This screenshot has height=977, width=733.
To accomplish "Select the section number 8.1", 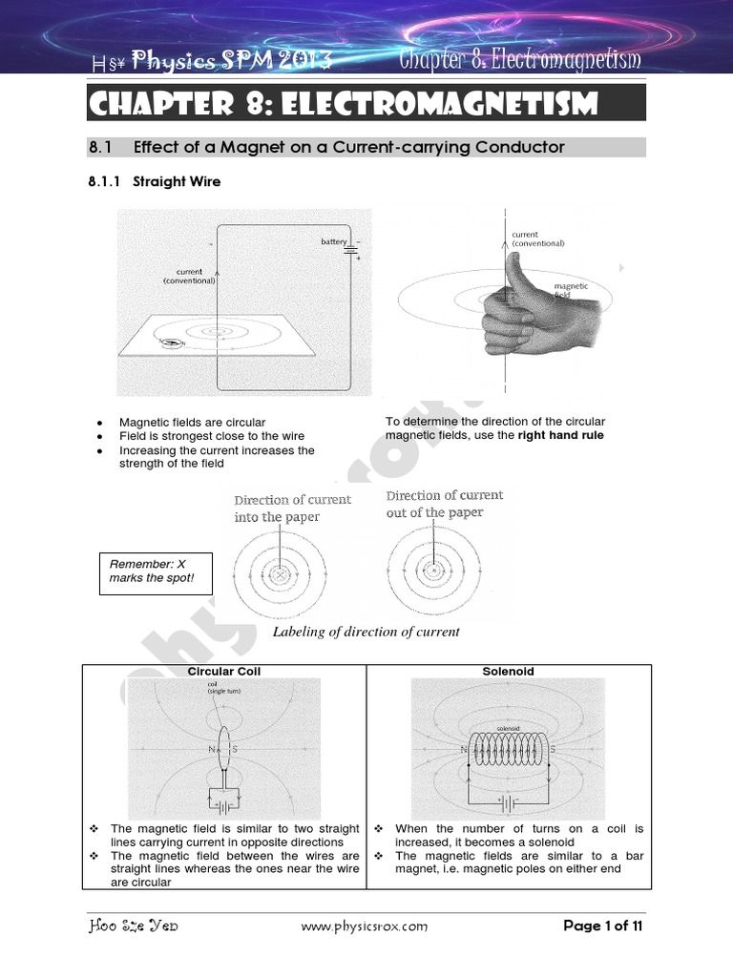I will click(100, 147).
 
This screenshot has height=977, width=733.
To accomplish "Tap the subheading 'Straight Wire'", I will click(177, 181).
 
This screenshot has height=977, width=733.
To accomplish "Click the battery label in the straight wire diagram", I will click(333, 242).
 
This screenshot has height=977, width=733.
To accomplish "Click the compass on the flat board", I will click(172, 343).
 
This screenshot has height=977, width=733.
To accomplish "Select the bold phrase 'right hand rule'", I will click(561, 436).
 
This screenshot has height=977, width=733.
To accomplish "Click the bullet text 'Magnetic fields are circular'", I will click(192, 422).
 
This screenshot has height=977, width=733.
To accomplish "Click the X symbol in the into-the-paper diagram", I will click(280, 574).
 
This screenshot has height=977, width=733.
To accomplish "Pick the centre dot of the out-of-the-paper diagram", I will click(433, 572).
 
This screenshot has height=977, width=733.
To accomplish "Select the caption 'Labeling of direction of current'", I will click(366, 632).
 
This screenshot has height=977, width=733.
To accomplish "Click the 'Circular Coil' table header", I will click(224, 672).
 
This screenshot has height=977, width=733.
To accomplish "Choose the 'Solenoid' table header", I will click(509, 672).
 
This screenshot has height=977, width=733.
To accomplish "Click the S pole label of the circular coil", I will click(236, 749).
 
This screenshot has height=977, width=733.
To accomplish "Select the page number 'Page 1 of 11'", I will click(603, 926).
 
